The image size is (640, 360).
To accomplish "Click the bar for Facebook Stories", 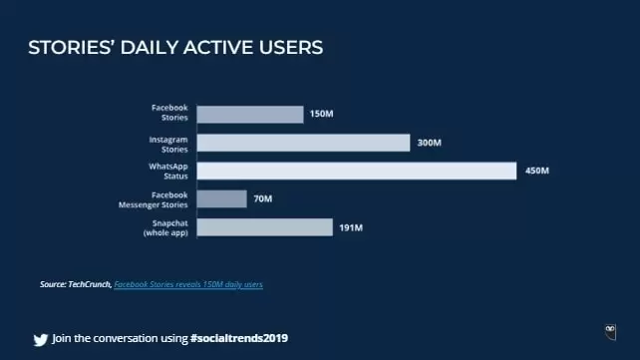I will click(250, 115).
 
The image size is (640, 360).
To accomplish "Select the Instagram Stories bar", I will click(303, 143).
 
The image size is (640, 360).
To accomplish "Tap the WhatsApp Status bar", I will click(356, 171).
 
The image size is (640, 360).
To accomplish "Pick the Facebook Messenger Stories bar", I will click(221, 199).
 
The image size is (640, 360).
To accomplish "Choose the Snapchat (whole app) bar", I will click(264, 227).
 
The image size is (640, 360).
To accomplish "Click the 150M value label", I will click(321, 115).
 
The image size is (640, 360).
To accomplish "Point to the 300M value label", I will click(429, 143).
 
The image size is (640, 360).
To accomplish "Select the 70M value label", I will click(262, 199).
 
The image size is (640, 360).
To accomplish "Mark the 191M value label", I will click(350, 227).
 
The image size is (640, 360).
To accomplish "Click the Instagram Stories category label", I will click(169, 143).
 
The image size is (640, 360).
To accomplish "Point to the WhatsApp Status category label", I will click(169, 171).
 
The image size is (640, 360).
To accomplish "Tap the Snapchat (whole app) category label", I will click(166, 227).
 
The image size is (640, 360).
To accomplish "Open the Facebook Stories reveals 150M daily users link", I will click(188, 285).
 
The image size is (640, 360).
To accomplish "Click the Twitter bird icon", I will click(40, 338).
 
